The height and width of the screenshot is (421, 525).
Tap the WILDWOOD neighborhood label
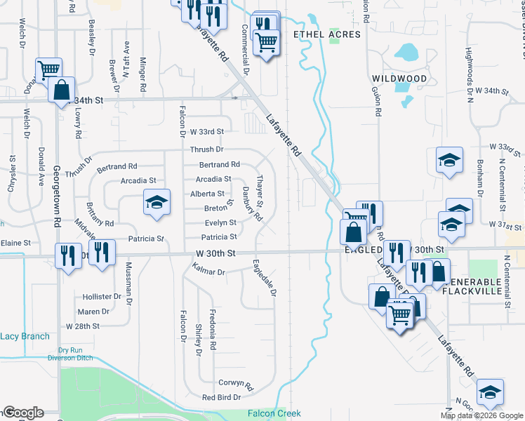[x=399, y=78]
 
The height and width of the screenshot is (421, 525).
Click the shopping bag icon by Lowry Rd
[x=62, y=90]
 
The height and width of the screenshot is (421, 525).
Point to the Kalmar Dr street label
[x=208, y=271]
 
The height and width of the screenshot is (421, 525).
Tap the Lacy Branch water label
[x=25, y=336]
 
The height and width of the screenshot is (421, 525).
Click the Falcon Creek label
[x=274, y=414]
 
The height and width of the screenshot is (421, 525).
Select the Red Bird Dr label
[x=221, y=397]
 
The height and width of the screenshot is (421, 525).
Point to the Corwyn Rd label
[x=235, y=385]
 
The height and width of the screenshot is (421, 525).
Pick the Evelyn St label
[x=220, y=222]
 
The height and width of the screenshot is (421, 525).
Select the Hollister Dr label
[x=103, y=297]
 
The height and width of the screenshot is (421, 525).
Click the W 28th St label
[x=84, y=326]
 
